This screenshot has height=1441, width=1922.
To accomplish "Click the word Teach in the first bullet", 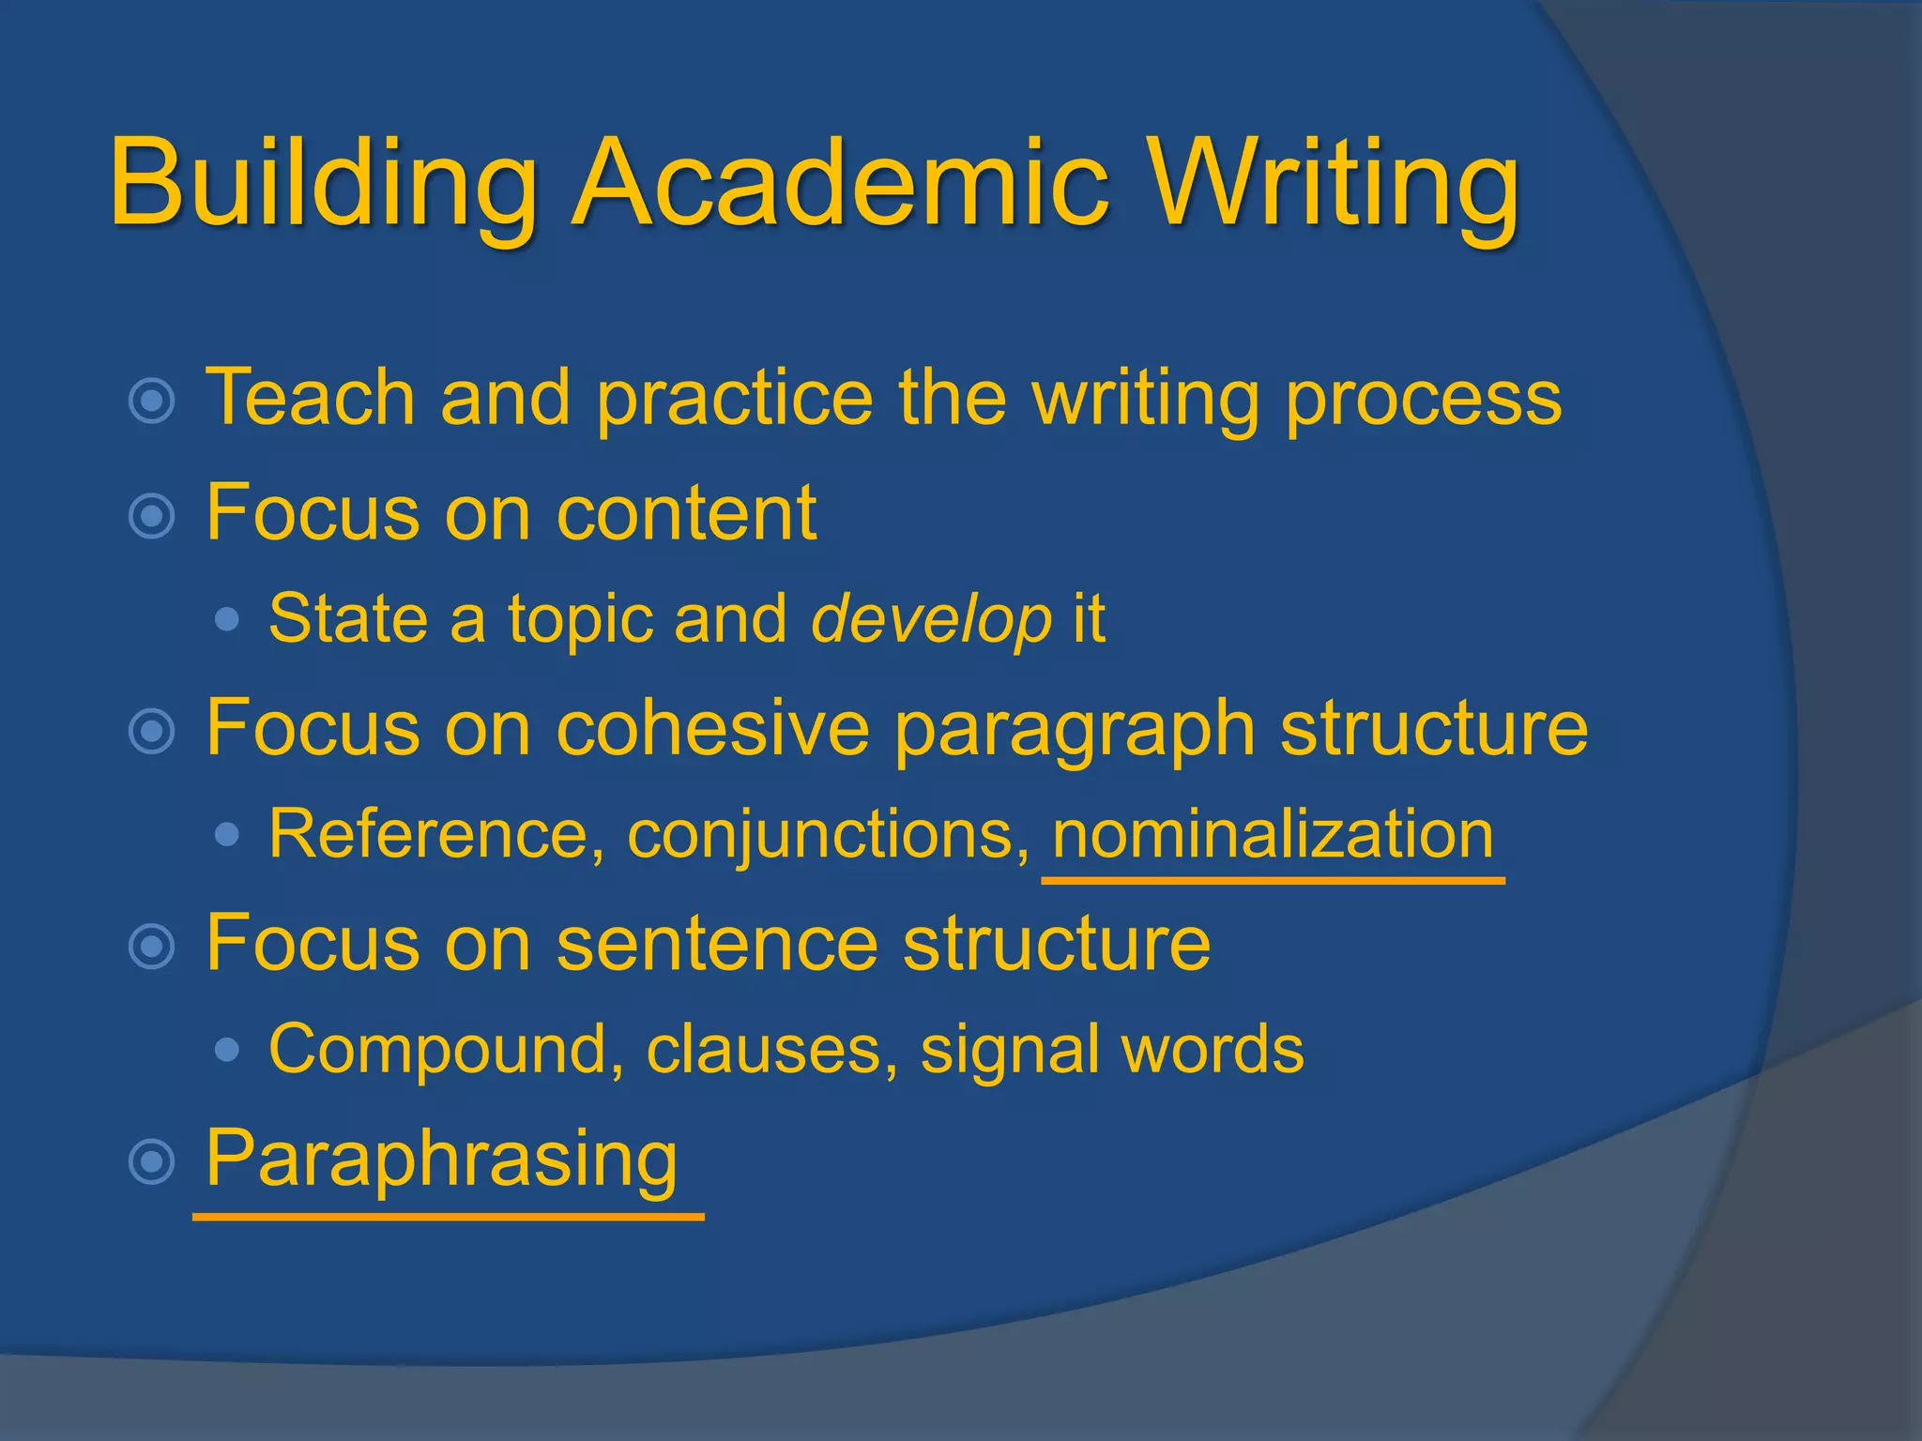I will point(310,397).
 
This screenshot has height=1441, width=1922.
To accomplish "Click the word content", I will point(686,513).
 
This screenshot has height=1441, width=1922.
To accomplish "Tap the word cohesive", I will point(712,728).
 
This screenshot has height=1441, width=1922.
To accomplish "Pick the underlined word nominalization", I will point(1273,835).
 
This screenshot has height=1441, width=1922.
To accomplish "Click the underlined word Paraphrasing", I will point(441,1160).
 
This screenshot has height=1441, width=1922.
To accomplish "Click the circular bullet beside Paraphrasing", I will point(152,1162).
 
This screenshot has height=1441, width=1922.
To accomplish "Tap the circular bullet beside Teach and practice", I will point(152,402).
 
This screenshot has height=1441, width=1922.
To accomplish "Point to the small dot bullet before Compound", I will point(226,1050).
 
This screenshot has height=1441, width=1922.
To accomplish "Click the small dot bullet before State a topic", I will point(226,619).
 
